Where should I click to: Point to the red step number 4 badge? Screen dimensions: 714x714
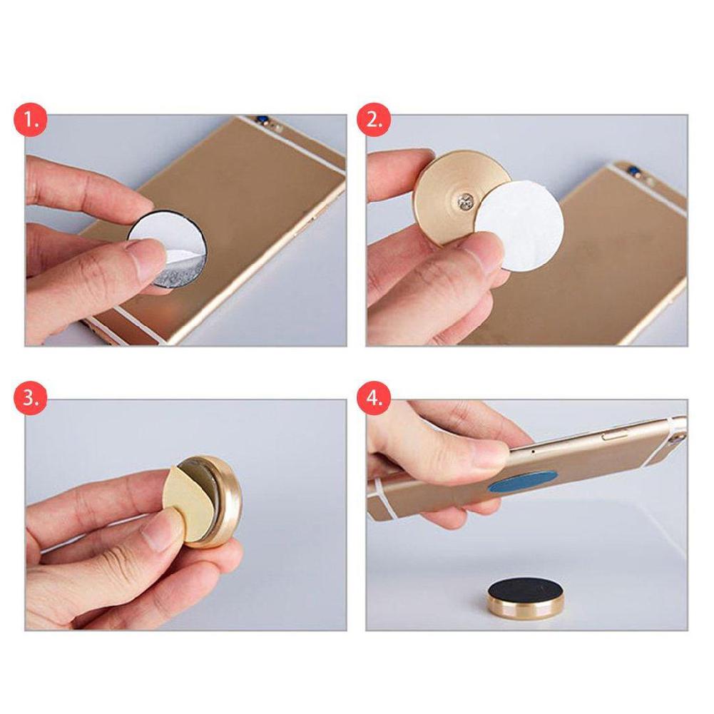point(374,397)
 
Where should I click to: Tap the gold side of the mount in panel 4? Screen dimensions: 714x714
point(520,610)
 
